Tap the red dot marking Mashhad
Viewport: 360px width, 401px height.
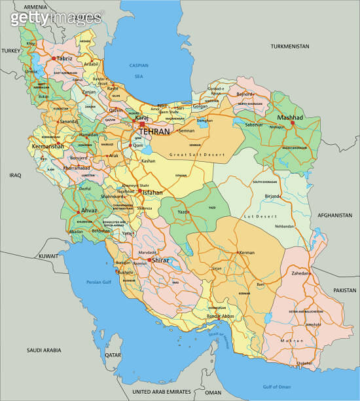(293, 122)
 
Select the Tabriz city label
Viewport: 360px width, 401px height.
(65, 58)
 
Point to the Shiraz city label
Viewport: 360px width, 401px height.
(160, 260)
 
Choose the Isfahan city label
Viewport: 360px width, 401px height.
(153, 193)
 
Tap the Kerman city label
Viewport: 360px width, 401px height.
(247, 252)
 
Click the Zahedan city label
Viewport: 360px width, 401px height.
(300, 273)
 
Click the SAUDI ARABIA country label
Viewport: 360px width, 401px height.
(44, 351)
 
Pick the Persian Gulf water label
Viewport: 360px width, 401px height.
(99, 282)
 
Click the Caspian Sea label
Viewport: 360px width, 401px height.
(138, 70)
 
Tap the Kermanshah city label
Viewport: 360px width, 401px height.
(46, 146)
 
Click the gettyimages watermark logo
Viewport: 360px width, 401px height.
(56, 18)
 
